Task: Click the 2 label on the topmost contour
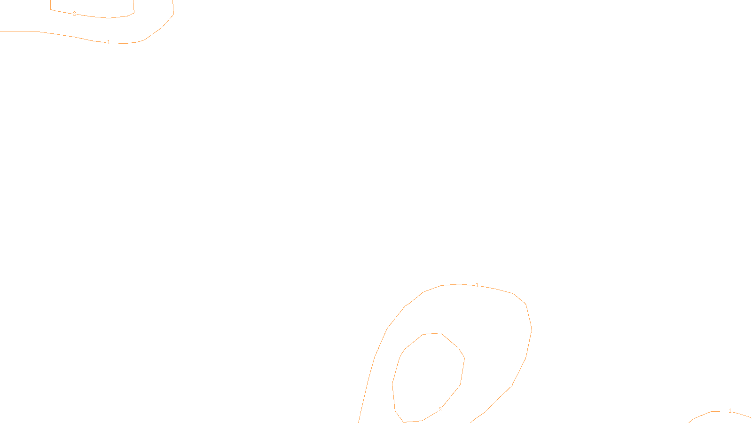[x=74, y=14]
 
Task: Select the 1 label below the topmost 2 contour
[x=109, y=42]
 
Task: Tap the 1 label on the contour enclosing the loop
[x=477, y=285]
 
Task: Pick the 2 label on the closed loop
[x=440, y=409]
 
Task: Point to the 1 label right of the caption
[x=729, y=411]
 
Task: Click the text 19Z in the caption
[x=356, y=415]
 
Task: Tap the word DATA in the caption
[x=397, y=415]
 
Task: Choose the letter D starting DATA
[x=392, y=415]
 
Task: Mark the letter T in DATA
[x=399, y=415]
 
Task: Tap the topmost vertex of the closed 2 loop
[x=440, y=333]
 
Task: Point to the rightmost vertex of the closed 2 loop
[x=464, y=359]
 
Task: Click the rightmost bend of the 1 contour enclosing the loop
[x=532, y=330]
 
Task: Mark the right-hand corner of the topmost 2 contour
[x=134, y=13]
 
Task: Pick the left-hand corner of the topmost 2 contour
[x=51, y=9]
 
